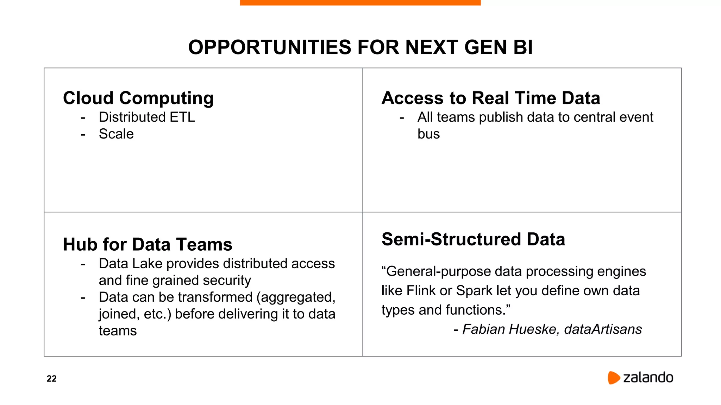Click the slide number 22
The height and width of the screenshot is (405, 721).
click(x=51, y=379)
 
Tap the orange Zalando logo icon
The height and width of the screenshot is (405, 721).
click(x=613, y=378)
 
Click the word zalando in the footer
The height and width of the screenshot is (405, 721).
click(x=648, y=378)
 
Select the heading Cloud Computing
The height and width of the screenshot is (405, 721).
click(x=138, y=98)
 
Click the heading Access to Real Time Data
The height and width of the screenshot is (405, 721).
click(x=491, y=98)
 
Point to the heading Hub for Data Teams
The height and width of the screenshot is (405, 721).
click(x=148, y=244)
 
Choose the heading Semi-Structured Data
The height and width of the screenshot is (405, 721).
click(x=473, y=239)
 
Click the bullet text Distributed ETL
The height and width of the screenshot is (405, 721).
click(x=146, y=117)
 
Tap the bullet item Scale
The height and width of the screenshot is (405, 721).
click(x=116, y=134)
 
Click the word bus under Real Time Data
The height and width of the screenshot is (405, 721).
click(x=428, y=134)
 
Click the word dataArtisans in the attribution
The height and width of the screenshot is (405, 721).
click(x=603, y=329)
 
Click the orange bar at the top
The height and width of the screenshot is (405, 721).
click(x=360, y=2)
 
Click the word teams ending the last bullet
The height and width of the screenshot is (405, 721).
click(x=118, y=331)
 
